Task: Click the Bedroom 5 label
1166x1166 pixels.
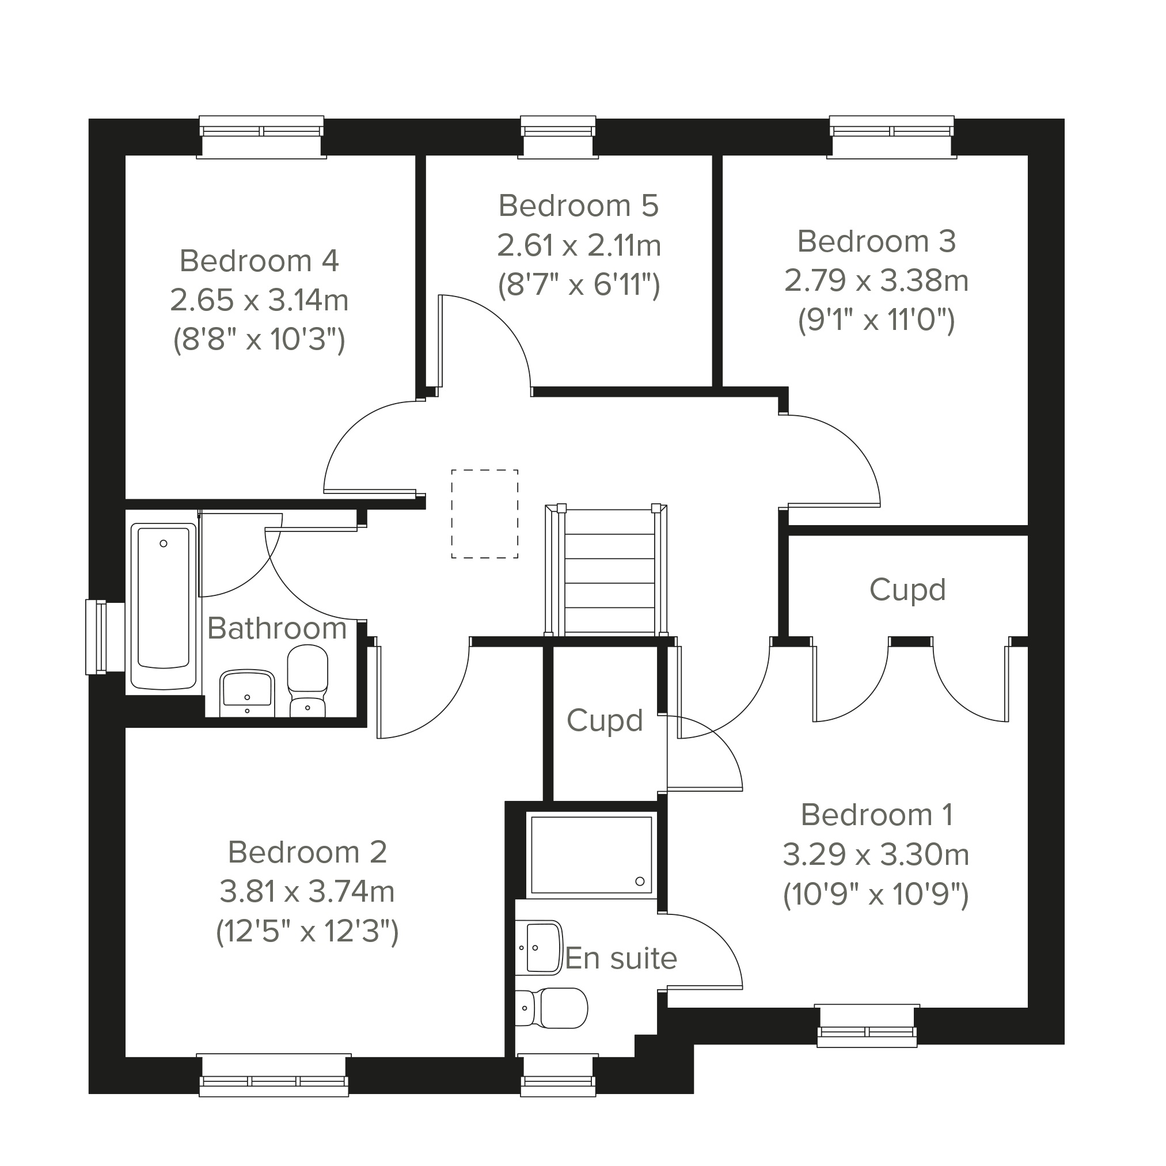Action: pos(578,206)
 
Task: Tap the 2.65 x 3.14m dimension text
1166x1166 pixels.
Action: pos(260,300)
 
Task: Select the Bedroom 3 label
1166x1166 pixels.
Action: pos(876,241)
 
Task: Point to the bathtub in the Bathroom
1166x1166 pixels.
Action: pos(164,606)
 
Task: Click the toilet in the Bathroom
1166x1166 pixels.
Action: pos(308,681)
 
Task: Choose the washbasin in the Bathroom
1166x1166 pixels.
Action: pos(248,693)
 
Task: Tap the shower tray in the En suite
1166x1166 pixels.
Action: pos(591,854)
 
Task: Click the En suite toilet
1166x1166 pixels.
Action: pos(551,1007)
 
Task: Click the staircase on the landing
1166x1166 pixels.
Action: pos(606,570)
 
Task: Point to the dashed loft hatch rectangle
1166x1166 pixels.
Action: pos(485,514)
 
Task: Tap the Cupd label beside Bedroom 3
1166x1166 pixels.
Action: pos(907,590)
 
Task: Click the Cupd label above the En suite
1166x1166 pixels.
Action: pos(605,720)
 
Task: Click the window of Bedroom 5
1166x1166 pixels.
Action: pos(559,137)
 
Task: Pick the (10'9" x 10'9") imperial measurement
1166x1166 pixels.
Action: pos(876,894)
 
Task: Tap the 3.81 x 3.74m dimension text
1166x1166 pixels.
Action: pos(307,891)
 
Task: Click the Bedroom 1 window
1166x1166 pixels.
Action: pos(867,1026)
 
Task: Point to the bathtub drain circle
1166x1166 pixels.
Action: pos(164,543)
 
